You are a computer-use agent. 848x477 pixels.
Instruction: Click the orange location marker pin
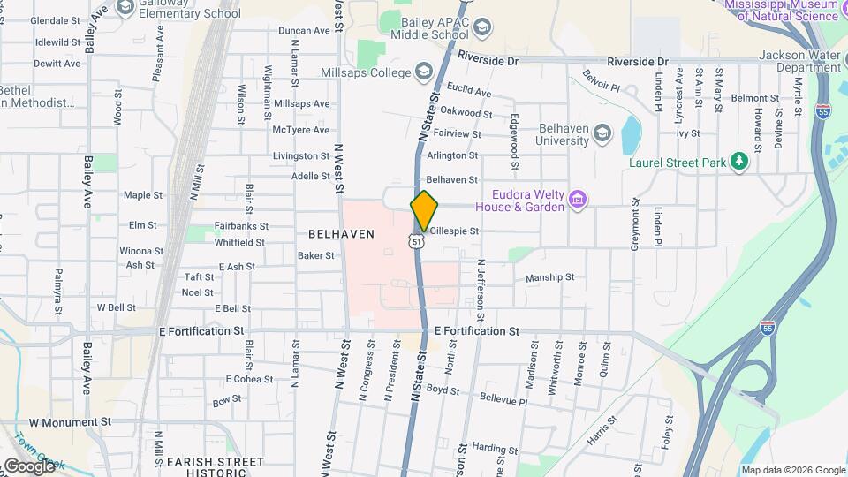424,210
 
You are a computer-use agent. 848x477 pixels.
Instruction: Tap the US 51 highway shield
415,241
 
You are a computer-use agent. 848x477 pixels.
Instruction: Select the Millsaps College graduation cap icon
425,72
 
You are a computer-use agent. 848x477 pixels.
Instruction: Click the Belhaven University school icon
603,133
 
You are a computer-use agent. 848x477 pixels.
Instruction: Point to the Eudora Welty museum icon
578,200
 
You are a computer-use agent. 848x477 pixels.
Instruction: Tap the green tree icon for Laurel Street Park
739,163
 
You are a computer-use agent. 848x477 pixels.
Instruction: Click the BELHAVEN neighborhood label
341,234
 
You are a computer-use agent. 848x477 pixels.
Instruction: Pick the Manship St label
549,277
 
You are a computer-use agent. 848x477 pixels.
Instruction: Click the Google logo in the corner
28,466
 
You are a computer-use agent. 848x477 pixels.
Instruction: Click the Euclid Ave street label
469,92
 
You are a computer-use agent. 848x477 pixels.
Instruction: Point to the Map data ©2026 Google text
793,470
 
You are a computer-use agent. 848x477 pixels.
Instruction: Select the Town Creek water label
31,446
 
